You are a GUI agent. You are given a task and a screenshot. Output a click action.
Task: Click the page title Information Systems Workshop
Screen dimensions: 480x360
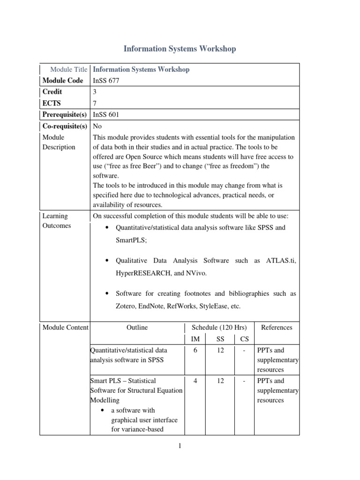pyautogui.click(x=180, y=49)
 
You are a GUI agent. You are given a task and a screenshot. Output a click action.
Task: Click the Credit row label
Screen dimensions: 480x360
pyautogui.click(x=52, y=92)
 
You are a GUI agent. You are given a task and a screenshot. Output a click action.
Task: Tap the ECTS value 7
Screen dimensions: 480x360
pyautogui.click(x=95, y=103)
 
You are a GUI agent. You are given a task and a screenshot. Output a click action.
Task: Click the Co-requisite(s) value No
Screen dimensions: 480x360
pyautogui.click(x=97, y=126)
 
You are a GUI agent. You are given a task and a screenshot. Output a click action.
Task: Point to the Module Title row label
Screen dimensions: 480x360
pyautogui.click(x=68, y=69)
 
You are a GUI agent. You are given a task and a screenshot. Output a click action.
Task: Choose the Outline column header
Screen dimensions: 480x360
pyautogui.click(x=137, y=328)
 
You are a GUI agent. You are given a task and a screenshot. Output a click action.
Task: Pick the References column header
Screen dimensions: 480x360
pyautogui.click(x=277, y=328)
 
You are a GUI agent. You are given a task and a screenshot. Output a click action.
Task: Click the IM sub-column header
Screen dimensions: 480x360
pyautogui.click(x=195, y=339)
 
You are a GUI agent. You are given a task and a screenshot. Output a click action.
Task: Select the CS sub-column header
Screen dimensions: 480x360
pyautogui.click(x=245, y=339)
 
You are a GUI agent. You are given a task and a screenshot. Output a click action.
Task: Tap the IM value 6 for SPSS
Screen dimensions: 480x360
pyautogui.click(x=195, y=350)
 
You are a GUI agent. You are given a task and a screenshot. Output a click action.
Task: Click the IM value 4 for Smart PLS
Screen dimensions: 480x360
pyautogui.click(x=195, y=381)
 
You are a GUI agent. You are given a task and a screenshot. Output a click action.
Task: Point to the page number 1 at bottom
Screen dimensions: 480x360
pyautogui.click(x=180, y=446)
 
